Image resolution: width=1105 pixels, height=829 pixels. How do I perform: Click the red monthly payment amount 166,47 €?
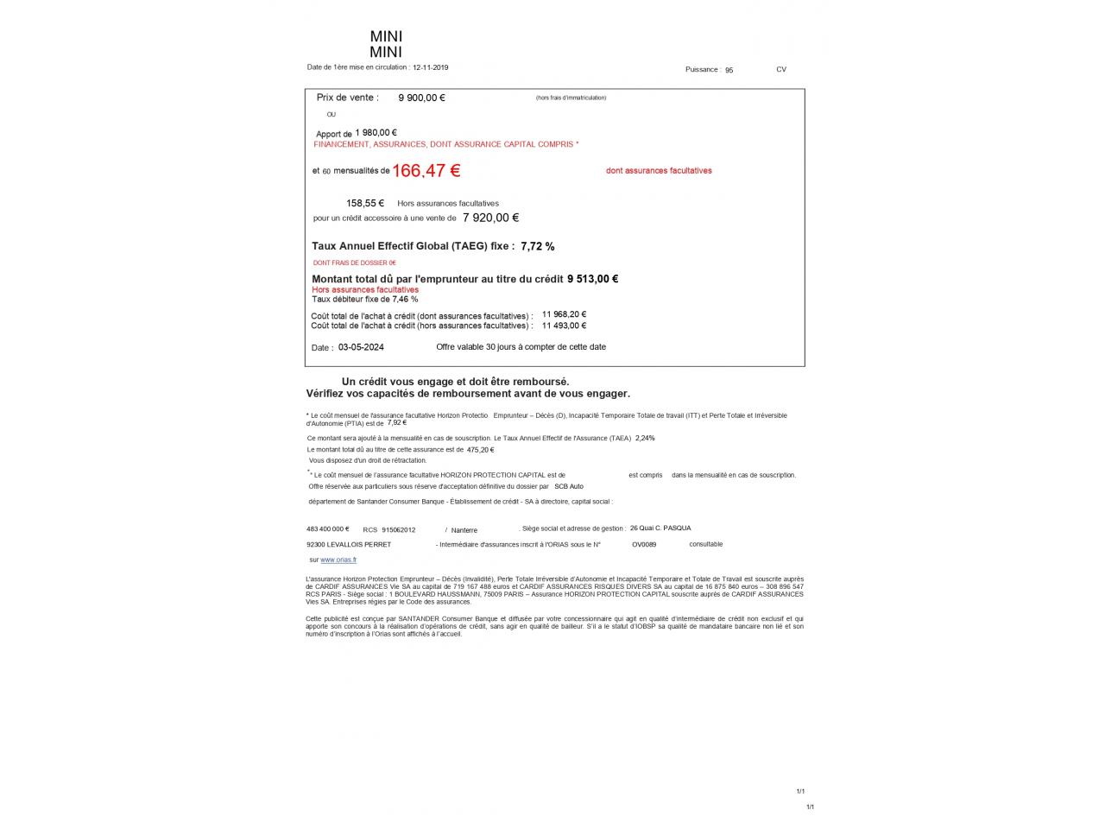pos(426,171)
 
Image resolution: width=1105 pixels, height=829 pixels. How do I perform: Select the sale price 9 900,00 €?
pos(421,98)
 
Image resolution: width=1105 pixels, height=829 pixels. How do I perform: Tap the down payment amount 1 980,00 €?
pos(376,133)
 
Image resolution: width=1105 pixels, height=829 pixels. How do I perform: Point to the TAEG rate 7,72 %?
pos(538,247)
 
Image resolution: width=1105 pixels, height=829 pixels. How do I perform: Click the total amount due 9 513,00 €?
pos(592,279)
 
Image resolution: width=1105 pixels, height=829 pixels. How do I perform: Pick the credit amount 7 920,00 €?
pos(490,218)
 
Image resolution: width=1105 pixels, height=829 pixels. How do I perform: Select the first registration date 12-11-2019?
pos(431,67)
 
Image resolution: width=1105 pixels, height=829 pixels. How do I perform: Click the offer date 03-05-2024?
pos(361,347)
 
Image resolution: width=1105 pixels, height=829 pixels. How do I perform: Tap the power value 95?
pos(729,70)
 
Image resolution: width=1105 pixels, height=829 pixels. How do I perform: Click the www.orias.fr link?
pos(338,560)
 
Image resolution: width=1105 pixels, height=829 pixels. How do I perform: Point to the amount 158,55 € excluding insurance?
pos(365,204)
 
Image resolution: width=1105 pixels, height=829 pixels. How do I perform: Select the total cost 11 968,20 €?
pos(564,314)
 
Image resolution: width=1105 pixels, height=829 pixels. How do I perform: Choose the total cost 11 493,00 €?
pos(564,326)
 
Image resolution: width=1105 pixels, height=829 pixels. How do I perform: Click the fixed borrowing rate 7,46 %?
pos(405,300)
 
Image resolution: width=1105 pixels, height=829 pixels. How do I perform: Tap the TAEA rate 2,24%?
pos(645,439)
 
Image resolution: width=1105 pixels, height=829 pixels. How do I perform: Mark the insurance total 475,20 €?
pos(480,450)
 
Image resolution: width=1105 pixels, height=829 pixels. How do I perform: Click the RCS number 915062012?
pos(399,530)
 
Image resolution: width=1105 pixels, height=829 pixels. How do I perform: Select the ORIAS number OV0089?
pos(644,545)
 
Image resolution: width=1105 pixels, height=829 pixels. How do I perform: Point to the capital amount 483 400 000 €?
pos(328,528)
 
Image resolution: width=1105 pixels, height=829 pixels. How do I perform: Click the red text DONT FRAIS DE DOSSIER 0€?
pos(354,263)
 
